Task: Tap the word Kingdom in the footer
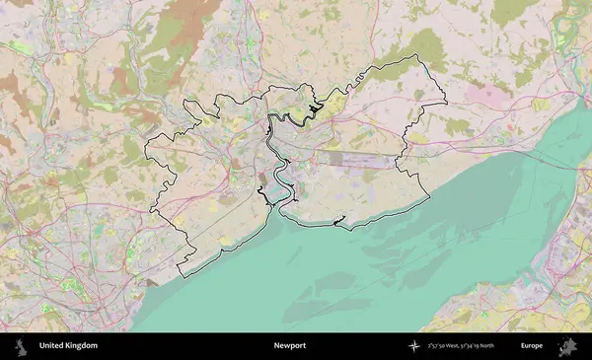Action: tap(82, 346)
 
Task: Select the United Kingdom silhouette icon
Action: tap(21, 346)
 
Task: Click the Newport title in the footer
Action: tap(290, 346)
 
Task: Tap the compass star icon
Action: tap(414, 346)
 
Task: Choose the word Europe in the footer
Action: tap(532, 346)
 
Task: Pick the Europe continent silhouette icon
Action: tap(569, 346)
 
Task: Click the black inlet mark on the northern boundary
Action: tap(315, 108)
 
